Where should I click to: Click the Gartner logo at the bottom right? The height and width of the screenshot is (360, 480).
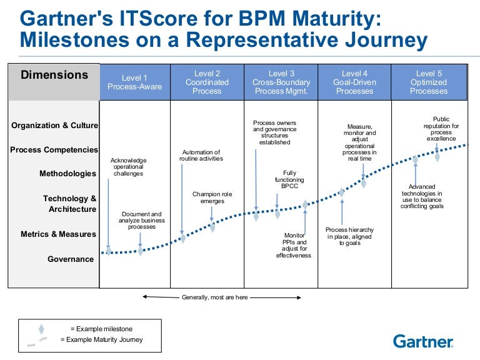422,341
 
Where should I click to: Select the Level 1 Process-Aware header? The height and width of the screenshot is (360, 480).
134,82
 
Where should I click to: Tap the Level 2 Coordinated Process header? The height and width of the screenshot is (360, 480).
207,82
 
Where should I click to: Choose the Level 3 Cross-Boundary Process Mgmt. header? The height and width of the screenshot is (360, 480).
281,82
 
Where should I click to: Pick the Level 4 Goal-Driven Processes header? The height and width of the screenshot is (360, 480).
355,82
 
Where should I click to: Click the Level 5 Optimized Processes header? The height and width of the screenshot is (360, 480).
429,82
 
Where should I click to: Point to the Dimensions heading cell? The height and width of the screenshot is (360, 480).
54,76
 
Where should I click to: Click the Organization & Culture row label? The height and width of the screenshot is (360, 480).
55,126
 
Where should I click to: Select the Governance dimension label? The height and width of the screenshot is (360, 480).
71,259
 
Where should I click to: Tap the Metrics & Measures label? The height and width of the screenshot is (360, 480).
59,234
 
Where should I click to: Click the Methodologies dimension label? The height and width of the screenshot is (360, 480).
68,174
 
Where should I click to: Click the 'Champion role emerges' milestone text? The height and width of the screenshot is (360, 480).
212,198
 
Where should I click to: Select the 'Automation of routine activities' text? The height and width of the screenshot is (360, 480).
201,156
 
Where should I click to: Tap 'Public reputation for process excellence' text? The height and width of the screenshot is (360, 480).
441,129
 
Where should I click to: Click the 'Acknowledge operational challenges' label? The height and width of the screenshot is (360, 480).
128,167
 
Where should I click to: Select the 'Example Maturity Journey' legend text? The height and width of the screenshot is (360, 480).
102,340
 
